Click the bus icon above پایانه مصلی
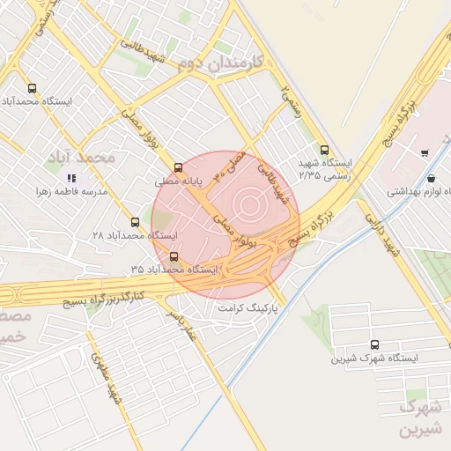click(x=179, y=167)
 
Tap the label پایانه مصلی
click(x=180, y=181)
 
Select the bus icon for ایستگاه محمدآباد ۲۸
click(x=135, y=223)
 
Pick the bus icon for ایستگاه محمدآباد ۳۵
click(x=174, y=256)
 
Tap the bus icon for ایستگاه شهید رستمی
click(x=325, y=149)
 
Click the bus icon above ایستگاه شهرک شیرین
click(x=375, y=345)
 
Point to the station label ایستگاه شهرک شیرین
click(x=375, y=359)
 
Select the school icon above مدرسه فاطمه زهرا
click(x=71, y=178)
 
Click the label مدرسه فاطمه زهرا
click(x=70, y=191)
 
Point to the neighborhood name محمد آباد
click(x=84, y=157)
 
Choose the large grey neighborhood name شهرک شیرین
click(x=418, y=418)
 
